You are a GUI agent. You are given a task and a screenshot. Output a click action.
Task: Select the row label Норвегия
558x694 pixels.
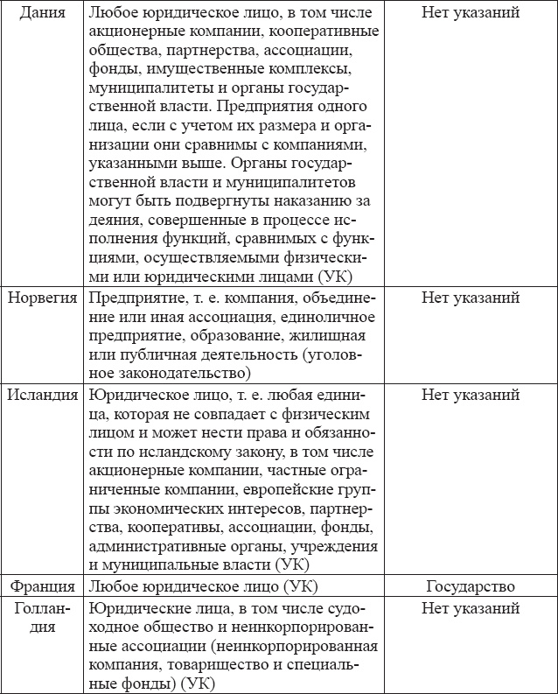coord(41,298)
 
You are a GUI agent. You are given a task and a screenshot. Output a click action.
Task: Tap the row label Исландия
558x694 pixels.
coord(41,394)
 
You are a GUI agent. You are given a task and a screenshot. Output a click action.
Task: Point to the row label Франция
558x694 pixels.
coord(41,586)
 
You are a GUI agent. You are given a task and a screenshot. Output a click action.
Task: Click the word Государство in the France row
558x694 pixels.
coord(471,586)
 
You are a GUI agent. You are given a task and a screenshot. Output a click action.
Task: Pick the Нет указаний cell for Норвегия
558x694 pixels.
coord(471,298)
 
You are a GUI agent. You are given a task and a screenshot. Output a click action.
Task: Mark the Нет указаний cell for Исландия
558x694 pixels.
coord(471,394)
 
